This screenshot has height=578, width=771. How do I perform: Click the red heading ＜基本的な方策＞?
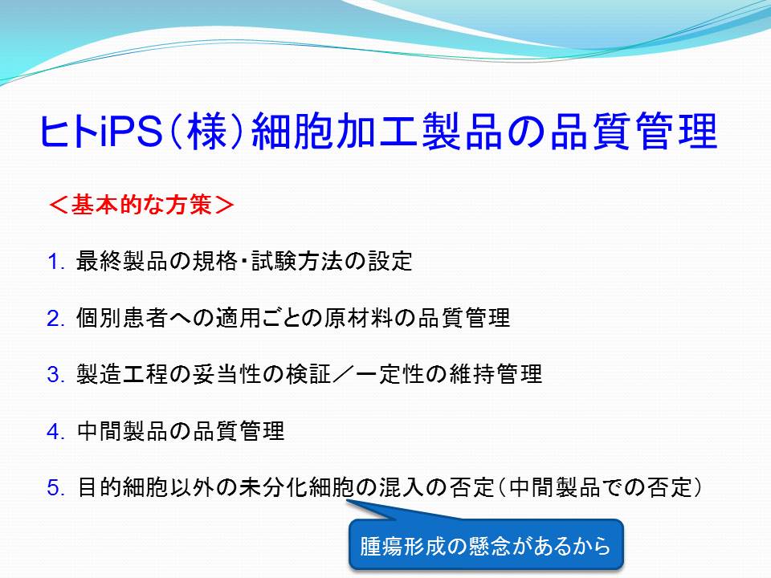point(141,205)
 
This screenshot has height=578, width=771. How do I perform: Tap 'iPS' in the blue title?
point(131,131)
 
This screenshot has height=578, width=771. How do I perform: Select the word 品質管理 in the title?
point(634,131)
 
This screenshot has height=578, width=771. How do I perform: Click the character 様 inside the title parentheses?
point(206,131)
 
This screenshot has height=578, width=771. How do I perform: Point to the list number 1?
point(55,262)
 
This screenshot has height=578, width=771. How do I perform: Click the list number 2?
point(55,319)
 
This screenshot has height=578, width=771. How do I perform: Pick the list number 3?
point(55,375)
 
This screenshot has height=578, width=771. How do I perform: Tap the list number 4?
point(55,432)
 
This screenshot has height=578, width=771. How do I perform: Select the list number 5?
point(55,488)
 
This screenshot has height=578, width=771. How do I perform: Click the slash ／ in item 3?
point(344,375)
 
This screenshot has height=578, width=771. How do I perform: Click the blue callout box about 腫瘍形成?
point(486,544)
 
